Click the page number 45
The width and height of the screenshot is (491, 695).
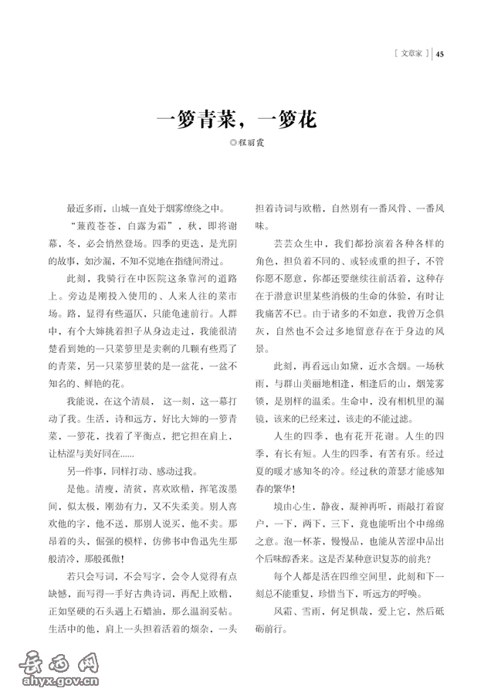[x=441, y=54]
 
